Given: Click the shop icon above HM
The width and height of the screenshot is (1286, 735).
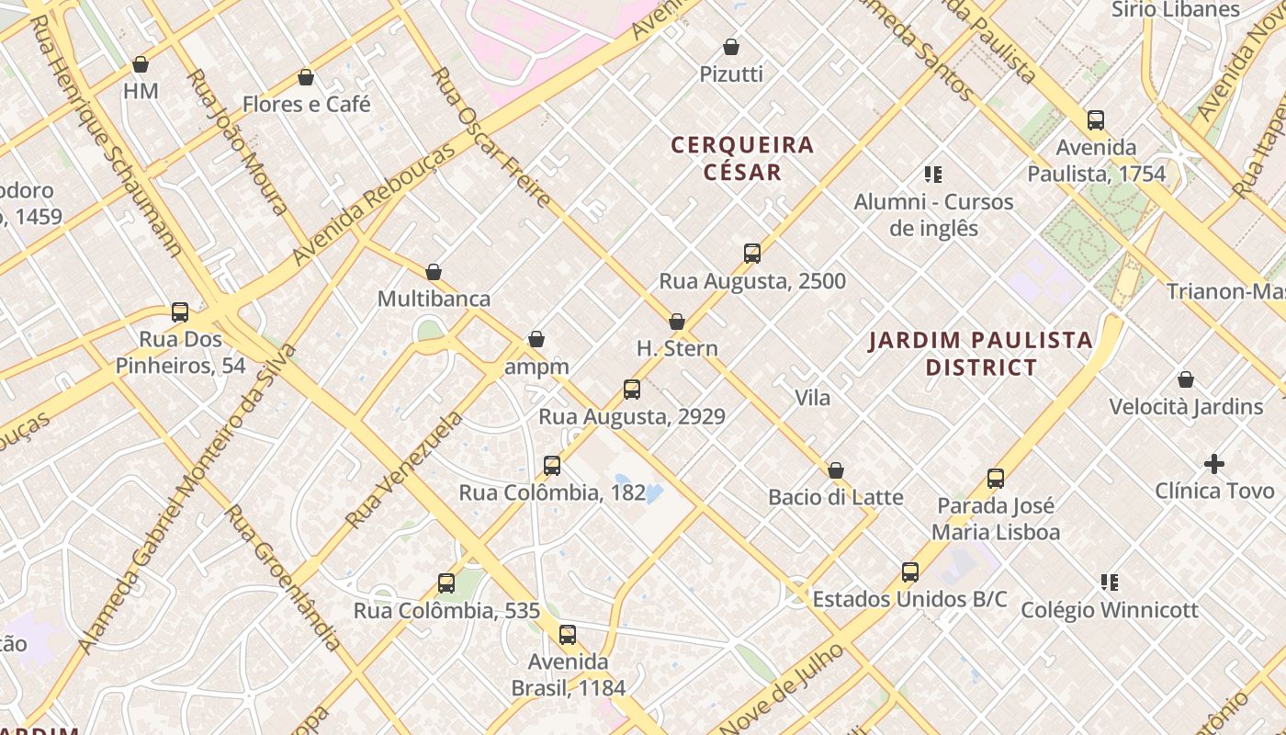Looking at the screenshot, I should (x=141, y=64).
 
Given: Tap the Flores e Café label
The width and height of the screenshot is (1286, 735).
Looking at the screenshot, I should (x=306, y=105).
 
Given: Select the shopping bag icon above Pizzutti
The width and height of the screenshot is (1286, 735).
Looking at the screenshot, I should (x=731, y=47).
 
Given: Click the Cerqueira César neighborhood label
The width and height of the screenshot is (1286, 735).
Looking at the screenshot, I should (x=742, y=158).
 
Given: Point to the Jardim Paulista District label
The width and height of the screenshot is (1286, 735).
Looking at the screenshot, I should (x=981, y=354).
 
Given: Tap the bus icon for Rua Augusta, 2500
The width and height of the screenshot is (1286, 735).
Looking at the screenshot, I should (x=752, y=254).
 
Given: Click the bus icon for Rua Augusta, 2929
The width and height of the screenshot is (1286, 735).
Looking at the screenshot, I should (x=632, y=389).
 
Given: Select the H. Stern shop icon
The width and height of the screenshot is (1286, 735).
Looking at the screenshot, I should (x=677, y=322).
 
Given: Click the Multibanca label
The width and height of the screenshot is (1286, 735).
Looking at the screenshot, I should (x=434, y=300).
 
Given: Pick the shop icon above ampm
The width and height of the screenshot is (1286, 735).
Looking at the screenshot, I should (x=536, y=340).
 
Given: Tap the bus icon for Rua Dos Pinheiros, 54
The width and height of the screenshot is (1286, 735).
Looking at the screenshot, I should (x=180, y=312).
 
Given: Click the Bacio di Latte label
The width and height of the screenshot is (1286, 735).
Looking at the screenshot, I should (x=836, y=498).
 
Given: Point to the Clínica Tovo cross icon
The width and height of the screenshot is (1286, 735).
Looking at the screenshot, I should (x=1214, y=464).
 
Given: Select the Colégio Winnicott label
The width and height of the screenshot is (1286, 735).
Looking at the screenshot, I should (x=1110, y=610).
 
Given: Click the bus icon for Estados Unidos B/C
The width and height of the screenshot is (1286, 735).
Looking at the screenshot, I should (x=910, y=572).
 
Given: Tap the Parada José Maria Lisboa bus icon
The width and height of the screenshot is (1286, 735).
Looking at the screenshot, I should (x=996, y=479).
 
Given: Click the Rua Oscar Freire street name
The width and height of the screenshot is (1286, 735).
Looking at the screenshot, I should (x=491, y=138).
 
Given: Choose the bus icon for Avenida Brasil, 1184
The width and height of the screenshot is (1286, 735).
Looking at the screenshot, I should (x=568, y=635).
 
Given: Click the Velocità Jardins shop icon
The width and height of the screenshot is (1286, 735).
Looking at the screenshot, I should (x=1186, y=379).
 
